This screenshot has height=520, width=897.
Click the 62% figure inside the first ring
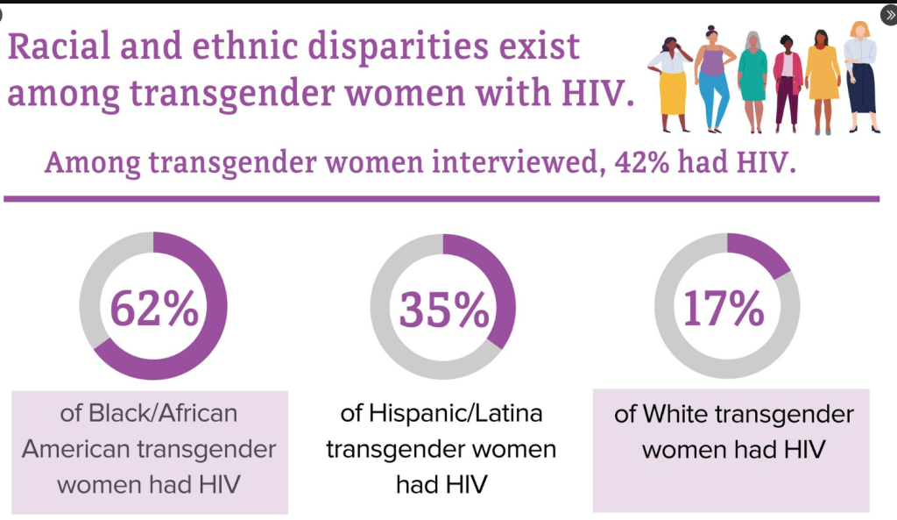tap(153, 308)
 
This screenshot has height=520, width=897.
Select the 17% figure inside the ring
tap(725, 307)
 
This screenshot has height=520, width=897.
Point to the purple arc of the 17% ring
tap(762, 252)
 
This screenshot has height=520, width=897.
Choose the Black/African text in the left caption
tap(149, 412)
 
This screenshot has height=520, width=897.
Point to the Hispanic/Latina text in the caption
tap(441, 412)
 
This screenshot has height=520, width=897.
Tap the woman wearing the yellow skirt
tap(673, 83)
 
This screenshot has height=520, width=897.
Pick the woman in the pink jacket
tap(786, 86)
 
